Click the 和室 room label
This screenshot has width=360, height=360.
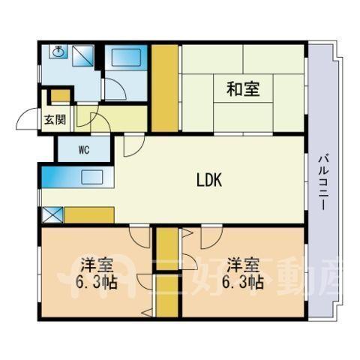point(243,89)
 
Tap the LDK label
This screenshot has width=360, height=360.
point(209,180)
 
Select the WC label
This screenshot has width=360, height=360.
point(84,150)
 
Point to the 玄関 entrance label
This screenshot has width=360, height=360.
point(55,120)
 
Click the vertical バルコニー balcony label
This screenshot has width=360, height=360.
point(323,182)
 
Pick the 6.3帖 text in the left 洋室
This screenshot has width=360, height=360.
point(96,283)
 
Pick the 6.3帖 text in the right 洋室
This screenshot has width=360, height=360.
point(243,283)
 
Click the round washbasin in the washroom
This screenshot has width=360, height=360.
point(58,52)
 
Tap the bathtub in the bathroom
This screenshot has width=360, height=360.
point(126,57)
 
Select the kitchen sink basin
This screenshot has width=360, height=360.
point(91,177)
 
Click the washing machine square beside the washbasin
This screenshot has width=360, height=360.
point(83,55)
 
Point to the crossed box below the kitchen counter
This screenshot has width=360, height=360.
point(52,214)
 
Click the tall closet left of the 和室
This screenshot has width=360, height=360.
point(165,88)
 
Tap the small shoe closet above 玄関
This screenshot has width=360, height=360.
point(61,96)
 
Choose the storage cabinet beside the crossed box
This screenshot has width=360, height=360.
point(89,214)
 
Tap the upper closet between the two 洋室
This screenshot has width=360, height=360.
point(167,249)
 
